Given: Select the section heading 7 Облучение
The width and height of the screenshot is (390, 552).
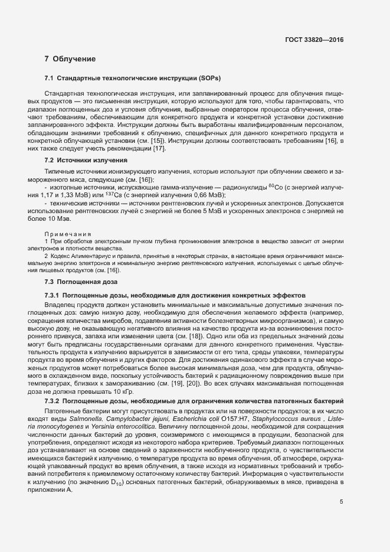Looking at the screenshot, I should pyautogui.click(x=70, y=59).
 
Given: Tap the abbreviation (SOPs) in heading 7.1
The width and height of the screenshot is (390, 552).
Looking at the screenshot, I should pyautogui.click(x=209, y=79).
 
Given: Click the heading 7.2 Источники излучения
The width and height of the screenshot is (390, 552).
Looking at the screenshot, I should pyautogui.click(x=86, y=160).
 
